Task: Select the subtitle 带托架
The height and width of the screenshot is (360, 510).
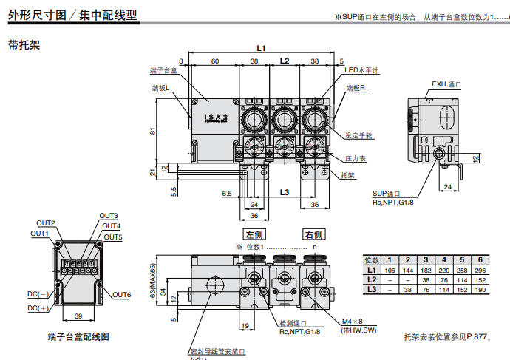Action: tap(24, 44)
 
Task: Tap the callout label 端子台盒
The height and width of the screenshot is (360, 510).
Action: tap(163, 70)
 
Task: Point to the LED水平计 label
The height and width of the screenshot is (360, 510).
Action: tap(362, 71)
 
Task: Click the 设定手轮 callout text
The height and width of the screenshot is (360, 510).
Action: tap(359, 136)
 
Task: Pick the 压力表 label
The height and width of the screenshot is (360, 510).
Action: tap(356, 158)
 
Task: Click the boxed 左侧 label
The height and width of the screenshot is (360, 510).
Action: tap(254, 234)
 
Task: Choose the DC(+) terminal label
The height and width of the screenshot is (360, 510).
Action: tap(38, 308)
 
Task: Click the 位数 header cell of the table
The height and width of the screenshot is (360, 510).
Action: tap(373, 260)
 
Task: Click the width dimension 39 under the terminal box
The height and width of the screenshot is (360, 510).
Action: tap(78, 316)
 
